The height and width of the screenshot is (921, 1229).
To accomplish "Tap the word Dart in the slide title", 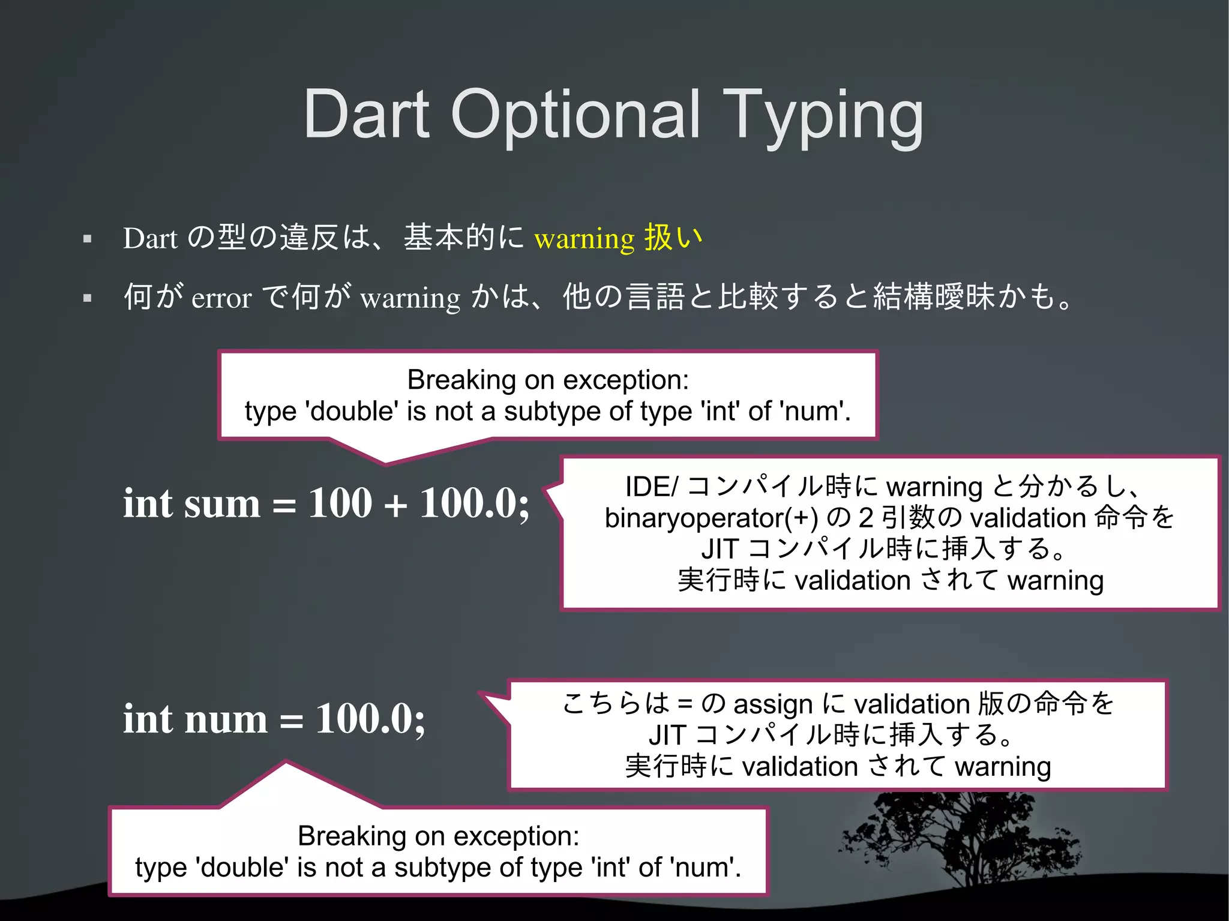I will tap(366, 114).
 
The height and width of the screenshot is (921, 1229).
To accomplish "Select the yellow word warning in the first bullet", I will tap(584, 239).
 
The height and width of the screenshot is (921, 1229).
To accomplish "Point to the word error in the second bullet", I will tap(221, 298).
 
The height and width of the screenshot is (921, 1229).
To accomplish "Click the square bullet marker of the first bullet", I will tap(88, 239).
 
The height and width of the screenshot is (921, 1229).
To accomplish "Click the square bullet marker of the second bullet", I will tap(88, 298).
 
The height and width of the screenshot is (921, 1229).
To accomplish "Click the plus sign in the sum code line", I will tap(395, 504).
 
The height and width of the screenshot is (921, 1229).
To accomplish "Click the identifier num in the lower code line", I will tap(225, 719).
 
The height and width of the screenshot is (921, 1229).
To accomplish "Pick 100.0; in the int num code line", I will tap(370, 719).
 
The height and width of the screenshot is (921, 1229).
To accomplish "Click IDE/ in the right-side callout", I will tap(651, 487).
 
